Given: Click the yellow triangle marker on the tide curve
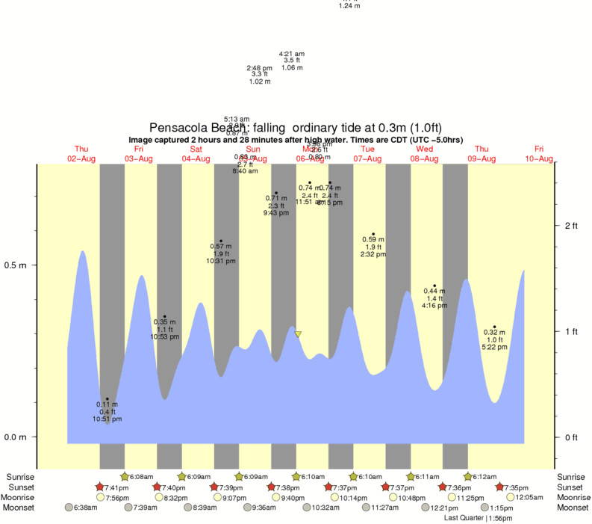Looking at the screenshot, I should pyautogui.click(x=298, y=334).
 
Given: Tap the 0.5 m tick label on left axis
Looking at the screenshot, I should pyautogui.click(x=16, y=265).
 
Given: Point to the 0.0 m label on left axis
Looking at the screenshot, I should pyautogui.click(x=16, y=437).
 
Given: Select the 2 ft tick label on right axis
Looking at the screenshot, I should pyautogui.click(x=571, y=226).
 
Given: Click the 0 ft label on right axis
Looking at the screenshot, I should pyautogui.click(x=571, y=437).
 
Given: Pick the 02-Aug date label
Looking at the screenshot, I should pyautogui.click(x=81, y=158).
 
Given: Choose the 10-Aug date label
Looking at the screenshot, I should pyautogui.click(x=539, y=158).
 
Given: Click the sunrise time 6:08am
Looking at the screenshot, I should pyautogui.click(x=142, y=476).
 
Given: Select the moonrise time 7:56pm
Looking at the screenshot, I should pyautogui.click(x=118, y=497).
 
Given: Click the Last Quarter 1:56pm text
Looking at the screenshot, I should pyautogui.click(x=478, y=517).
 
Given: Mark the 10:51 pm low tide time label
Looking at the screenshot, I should pyautogui.click(x=107, y=419).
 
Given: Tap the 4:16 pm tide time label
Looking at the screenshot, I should pyautogui.click(x=434, y=305).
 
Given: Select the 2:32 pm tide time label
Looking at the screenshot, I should pyautogui.click(x=373, y=254).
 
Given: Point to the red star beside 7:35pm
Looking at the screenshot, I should pyautogui.click(x=499, y=487).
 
